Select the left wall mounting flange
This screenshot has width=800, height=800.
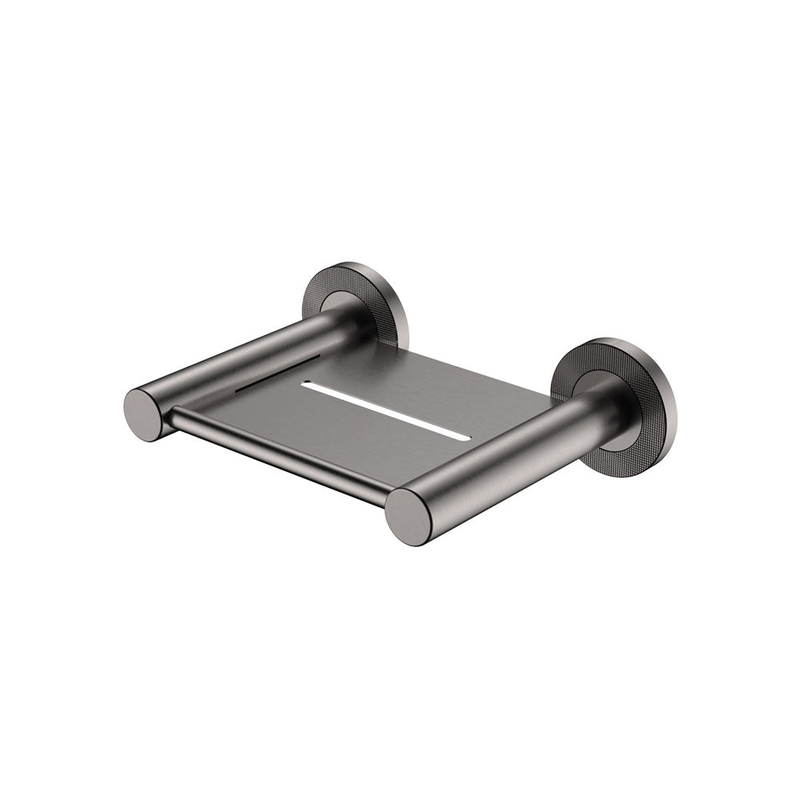pyautogui.click(x=355, y=303)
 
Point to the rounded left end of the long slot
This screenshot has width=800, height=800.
pyautogui.click(x=306, y=386)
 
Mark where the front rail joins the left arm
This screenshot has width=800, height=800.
pyautogui.click(x=172, y=416)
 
